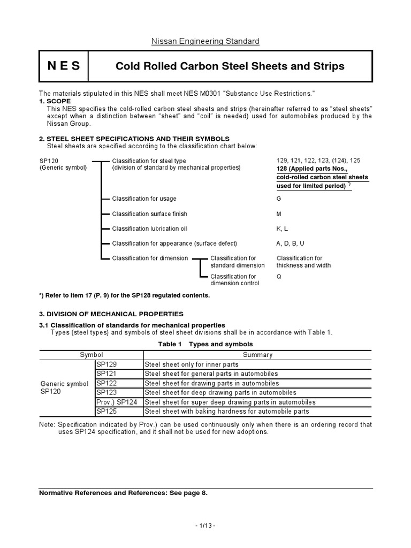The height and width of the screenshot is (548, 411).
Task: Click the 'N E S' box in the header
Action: tap(64, 66)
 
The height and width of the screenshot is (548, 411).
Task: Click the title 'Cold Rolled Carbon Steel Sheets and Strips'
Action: tap(230, 66)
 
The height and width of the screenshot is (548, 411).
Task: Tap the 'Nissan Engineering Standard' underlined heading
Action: tap(205, 41)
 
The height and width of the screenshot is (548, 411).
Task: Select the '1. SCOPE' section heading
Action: tap(55, 101)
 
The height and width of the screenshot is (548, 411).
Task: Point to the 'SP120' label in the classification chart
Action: tap(48, 161)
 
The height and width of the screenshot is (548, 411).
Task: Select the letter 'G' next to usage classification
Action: tap(279, 199)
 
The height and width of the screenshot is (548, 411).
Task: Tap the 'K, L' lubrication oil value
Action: tap(282, 229)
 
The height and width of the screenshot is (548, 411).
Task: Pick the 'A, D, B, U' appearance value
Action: tap(290, 243)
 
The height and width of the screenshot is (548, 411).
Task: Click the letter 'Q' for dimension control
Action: tap(279, 277)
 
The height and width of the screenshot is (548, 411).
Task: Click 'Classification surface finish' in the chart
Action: tap(149, 214)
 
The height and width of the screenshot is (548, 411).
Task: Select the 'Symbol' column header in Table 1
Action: tap(92, 354)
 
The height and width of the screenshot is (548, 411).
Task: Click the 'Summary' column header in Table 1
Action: tap(257, 354)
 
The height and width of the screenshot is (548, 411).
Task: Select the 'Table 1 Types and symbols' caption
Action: tap(205, 344)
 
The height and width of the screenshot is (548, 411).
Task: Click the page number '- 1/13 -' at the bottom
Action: tap(205, 527)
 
